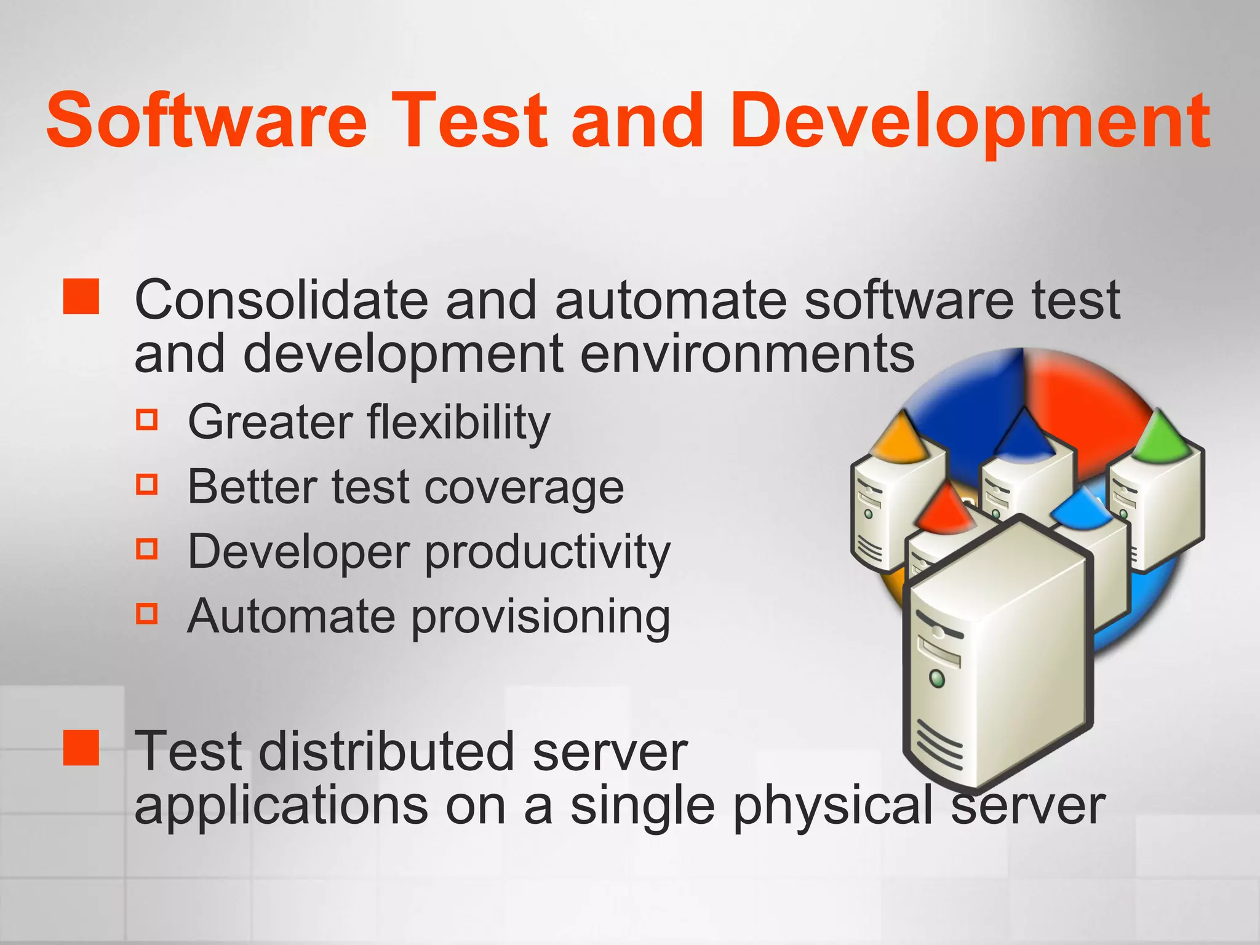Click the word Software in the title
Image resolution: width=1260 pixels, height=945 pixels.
click(x=206, y=120)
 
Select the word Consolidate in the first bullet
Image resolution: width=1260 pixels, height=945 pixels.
click(x=281, y=300)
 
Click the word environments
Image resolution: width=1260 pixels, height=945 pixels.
click(x=747, y=354)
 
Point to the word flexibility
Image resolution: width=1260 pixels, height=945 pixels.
click(x=458, y=423)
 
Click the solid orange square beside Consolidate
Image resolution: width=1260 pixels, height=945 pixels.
click(x=81, y=297)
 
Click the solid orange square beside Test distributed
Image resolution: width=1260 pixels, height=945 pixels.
click(x=81, y=748)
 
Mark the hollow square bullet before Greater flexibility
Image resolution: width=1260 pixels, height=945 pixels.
click(x=147, y=420)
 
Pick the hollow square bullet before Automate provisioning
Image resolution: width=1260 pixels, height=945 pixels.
click(x=147, y=613)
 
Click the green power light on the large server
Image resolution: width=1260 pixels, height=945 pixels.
click(x=937, y=679)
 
